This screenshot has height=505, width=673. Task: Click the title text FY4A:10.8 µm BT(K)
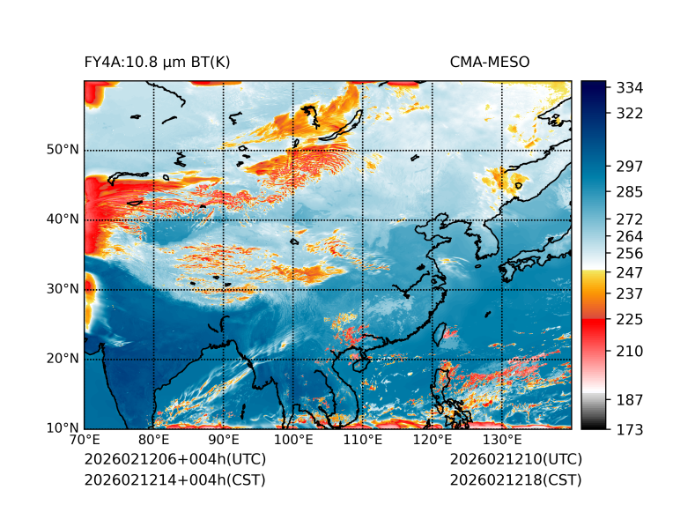pyautogui.click(x=158, y=62)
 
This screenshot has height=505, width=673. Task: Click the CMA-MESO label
pyautogui.click(x=490, y=62)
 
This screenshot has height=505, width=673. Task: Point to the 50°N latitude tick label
pyautogui.click(x=63, y=150)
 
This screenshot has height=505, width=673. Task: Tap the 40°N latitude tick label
pyautogui.click(x=63, y=219)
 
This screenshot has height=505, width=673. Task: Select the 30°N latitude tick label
pyautogui.click(x=63, y=289)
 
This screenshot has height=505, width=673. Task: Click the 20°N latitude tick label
pyautogui.click(x=63, y=359)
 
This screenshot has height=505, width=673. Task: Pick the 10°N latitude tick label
pyautogui.click(x=63, y=428)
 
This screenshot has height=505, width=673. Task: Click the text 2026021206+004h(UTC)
pyautogui.click(x=174, y=459)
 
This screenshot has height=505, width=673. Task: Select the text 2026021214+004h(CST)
pyautogui.click(x=174, y=479)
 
